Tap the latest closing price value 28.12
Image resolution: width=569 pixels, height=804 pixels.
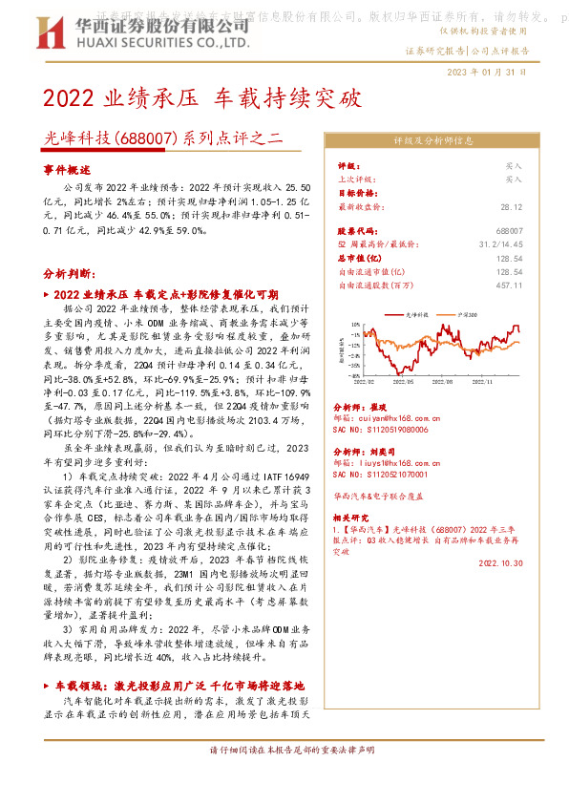click(512, 205)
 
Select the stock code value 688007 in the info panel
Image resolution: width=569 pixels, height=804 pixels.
click(510, 232)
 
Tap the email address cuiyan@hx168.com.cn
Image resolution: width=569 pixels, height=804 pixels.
click(386, 417)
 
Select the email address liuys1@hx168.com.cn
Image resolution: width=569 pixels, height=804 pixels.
click(387, 458)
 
